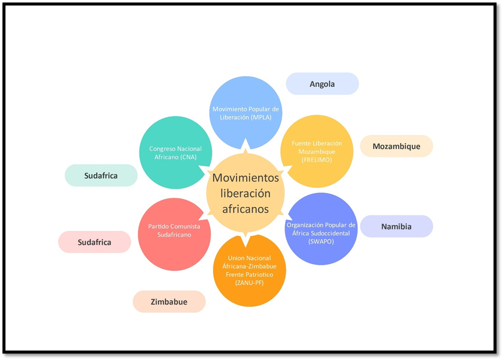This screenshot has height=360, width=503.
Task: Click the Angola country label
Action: click(x=322, y=84)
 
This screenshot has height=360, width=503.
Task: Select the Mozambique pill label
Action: click(x=396, y=146)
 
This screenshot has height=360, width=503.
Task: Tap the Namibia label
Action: click(x=396, y=226)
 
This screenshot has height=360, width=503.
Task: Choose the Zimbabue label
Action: click(x=169, y=302)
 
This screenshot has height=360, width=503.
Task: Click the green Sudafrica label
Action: click(x=101, y=176)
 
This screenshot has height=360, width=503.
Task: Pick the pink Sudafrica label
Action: click(x=94, y=242)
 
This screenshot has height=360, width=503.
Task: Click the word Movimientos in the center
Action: click(x=245, y=178)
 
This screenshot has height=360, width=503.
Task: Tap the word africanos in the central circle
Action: click(x=245, y=208)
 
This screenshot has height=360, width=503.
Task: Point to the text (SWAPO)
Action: click(x=321, y=241)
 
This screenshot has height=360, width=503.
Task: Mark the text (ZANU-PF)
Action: click(x=249, y=283)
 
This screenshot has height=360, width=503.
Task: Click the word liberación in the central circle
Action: click(x=245, y=193)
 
